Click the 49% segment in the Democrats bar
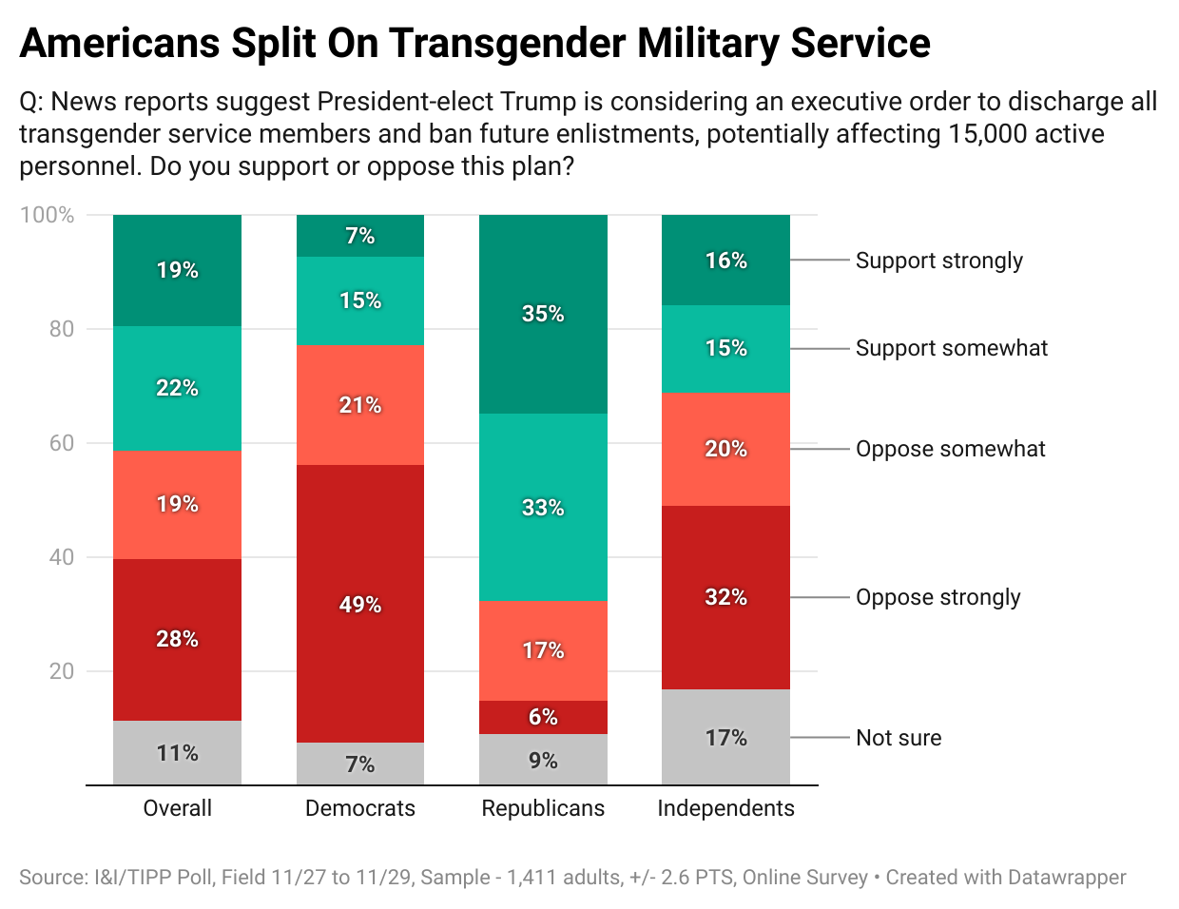[360, 604]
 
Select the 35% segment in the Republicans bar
[543, 314]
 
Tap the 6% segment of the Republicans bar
[543, 717]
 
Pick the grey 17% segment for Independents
[725, 737]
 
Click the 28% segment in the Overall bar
[177, 639]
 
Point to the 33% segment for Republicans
[543, 507]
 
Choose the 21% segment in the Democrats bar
[360, 405]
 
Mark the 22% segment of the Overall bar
[177, 388]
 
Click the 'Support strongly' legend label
[938, 261]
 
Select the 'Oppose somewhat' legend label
[950, 449]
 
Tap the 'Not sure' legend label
[899, 738]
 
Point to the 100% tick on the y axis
[47, 215]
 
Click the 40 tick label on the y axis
[61, 557]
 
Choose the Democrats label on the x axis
[360, 808]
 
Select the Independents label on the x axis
[725, 808]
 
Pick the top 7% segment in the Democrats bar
[360, 236]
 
